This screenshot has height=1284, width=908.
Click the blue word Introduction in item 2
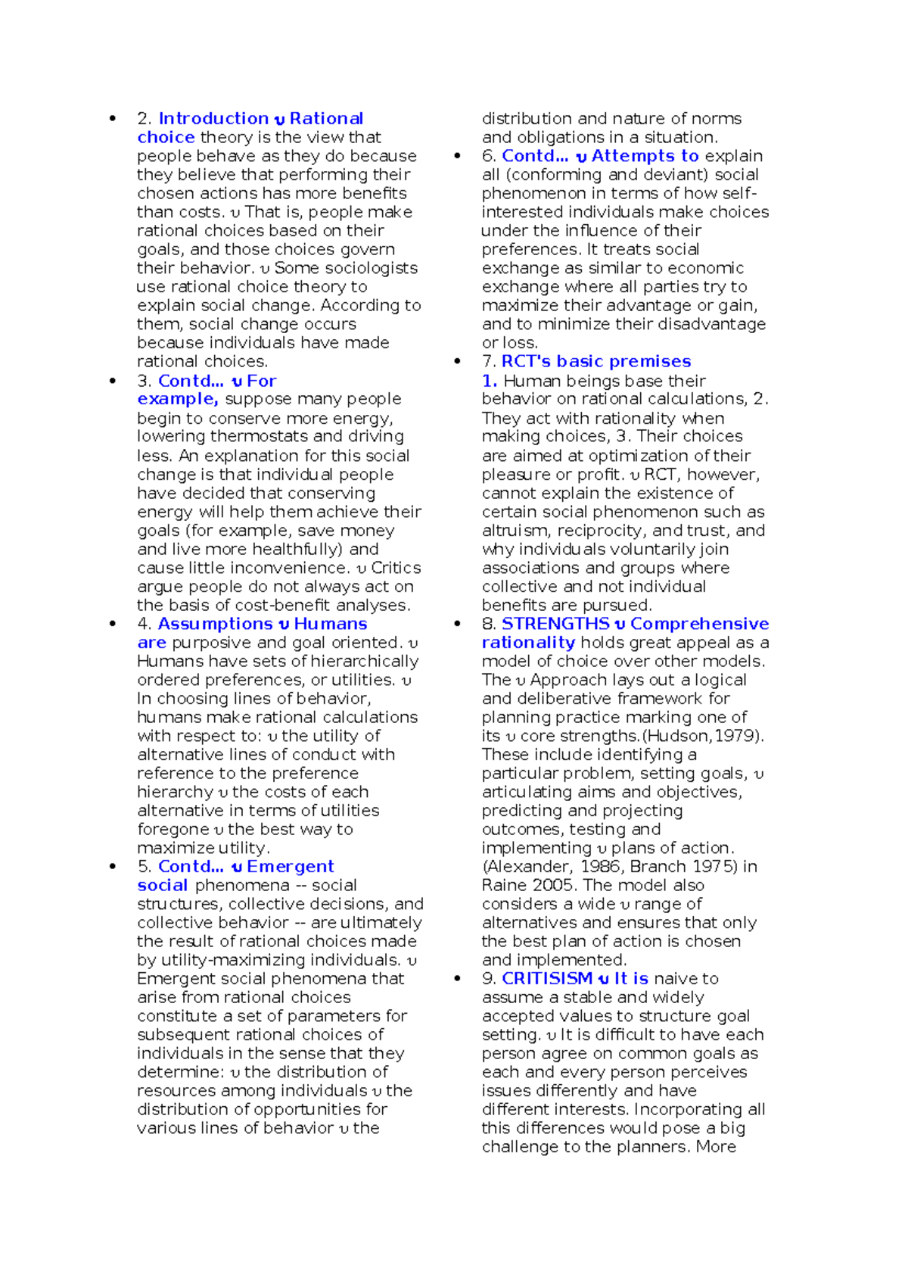click(x=213, y=119)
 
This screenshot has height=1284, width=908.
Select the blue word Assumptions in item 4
click(x=215, y=624)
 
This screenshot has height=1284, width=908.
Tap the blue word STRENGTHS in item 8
click(x=555, y=624)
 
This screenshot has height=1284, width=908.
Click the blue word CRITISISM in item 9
click(x=547, y=978)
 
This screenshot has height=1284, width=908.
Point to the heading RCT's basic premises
click(x=596, y=362)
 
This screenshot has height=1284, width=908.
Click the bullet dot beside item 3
click(x=113, y=381)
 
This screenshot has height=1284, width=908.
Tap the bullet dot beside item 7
click(x=457, y=362)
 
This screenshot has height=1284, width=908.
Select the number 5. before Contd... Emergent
click(x=145, y=866)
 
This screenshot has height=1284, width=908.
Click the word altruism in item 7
click(x=515, y=531)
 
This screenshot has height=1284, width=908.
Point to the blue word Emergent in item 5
click(x=290, y=866)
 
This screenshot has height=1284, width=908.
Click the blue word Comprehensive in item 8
click(x=699, y=624)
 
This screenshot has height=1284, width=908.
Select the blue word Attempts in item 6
click(x=634, y=156)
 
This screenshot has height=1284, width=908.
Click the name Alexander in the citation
click(x=527, y=867)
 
